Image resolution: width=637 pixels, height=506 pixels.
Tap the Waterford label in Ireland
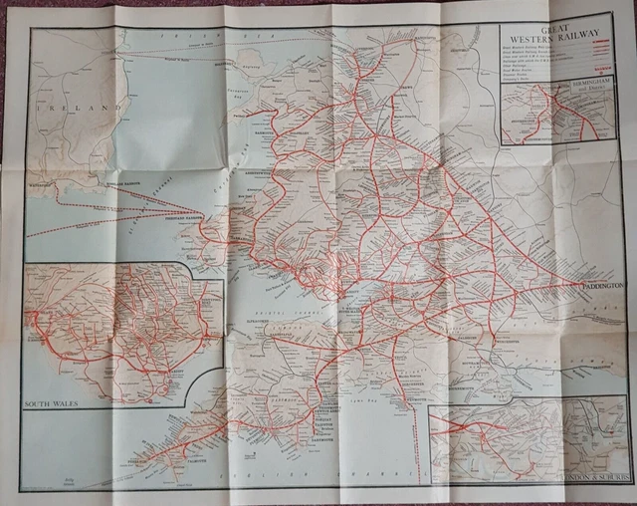click(x=46, y=183)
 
